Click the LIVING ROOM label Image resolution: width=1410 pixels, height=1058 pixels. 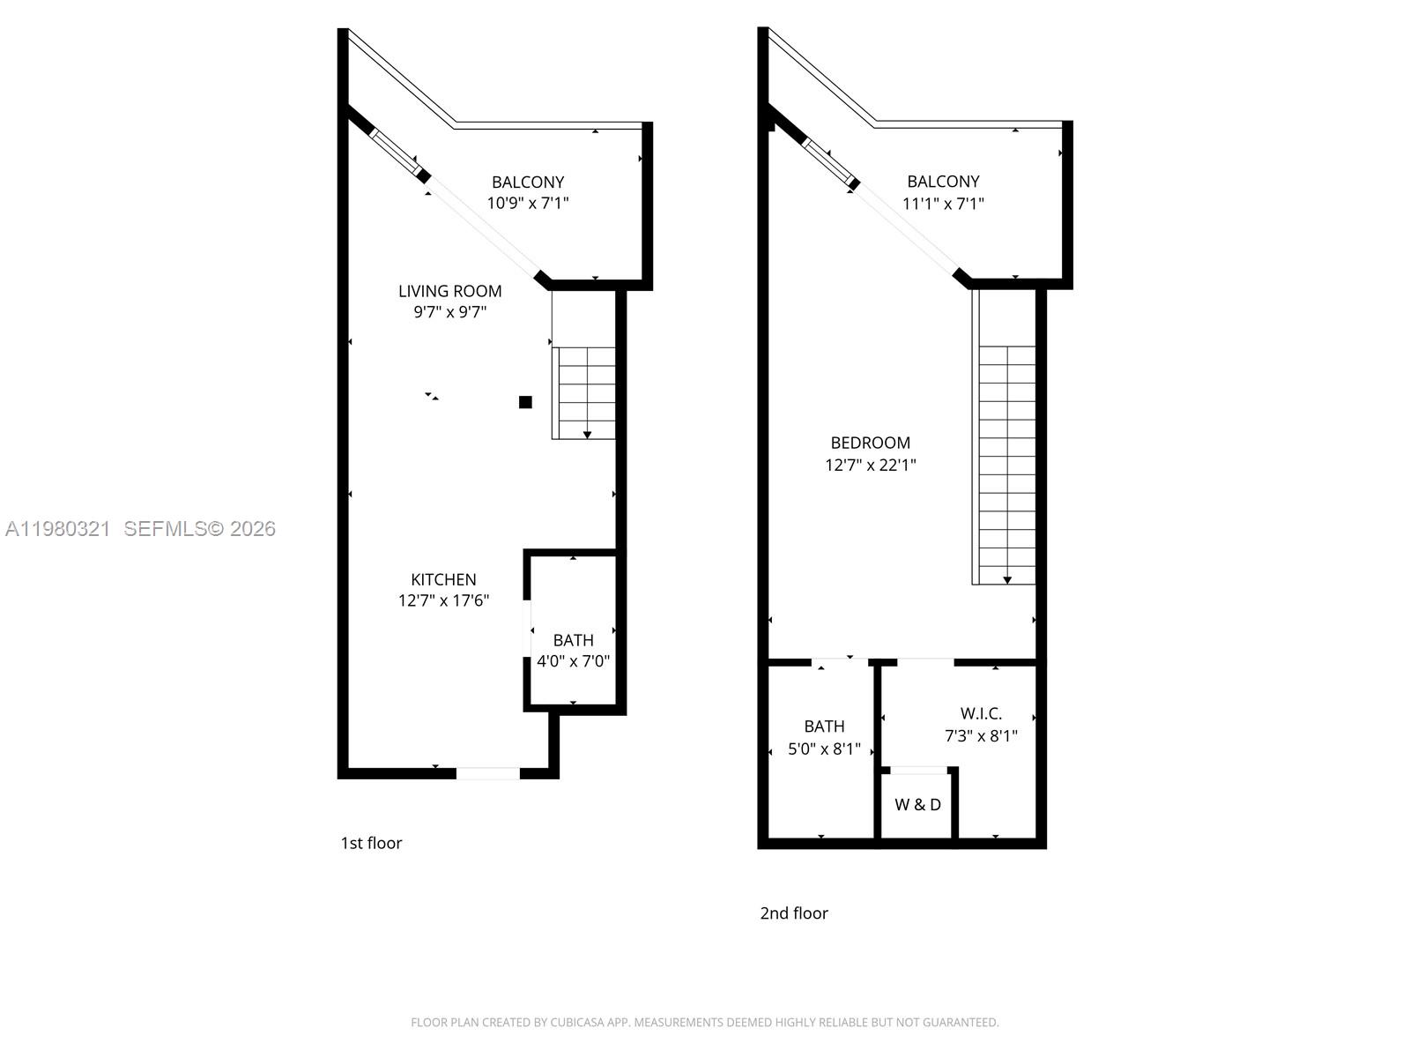click(449, 291)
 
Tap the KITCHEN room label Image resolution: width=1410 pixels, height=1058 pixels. click(443, 579)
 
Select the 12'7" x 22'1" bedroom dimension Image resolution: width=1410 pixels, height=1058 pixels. click(870, 465)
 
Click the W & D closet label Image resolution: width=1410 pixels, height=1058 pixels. click(917, 804)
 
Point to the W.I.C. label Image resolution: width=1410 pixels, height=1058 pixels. click(981, 713)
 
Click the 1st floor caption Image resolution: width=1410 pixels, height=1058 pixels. click(371, 843)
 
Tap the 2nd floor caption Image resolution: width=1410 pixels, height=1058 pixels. click(793, 913)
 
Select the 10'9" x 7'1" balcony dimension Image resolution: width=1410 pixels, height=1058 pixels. click(527, 203)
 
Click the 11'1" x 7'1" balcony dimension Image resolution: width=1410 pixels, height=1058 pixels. click(943, 204)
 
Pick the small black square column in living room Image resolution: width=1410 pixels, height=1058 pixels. click(525, 402)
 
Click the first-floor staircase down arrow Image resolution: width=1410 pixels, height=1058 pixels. click(587, 434)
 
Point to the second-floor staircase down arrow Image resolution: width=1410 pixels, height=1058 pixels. click(1006, 579)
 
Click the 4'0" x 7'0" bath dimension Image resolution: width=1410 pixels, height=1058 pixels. click(573, 661)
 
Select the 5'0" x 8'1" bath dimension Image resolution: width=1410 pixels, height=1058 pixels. click(824, 749)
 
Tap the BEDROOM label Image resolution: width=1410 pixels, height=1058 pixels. click(870, 443)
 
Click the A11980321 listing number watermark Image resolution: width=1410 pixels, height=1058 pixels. click(58, 529)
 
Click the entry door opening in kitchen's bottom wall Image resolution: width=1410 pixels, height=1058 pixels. click(487, 773)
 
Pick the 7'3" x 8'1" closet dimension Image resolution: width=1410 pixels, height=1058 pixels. click(981, 735)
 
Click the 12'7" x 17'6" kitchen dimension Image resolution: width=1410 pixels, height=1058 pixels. click(443, 600)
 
